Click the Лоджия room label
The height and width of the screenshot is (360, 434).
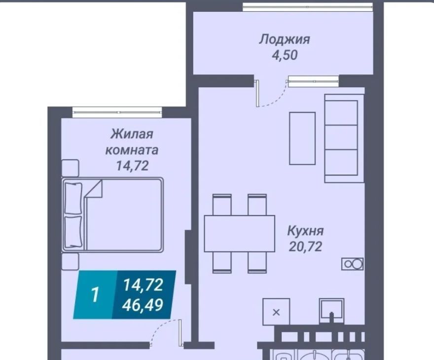pyautogui.click(x=285, y=39)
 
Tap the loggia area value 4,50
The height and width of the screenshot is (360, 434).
pyautogui.click(x=285, y=55)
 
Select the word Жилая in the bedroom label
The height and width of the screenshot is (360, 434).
pyautogui.click(x=132, y=134)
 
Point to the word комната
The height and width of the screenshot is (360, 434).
pyautogui.click(x=132, y=150)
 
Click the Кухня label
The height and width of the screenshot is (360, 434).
pyautogui.click(x=305, y=230)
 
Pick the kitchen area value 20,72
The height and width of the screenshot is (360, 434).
pyautogui.click(x=305, y=246)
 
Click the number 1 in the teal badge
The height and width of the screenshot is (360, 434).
pyautogui.click(x=95, y=295)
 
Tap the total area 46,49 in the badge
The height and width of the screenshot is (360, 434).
pyautogui.click(x=143, y=305)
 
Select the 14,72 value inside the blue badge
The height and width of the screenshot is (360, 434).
pyautogui.click(x=143, y=285)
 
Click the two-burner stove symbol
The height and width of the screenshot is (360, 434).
pyautogui.click(x=352, y=264)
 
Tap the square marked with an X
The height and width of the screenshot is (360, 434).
pyautogui.click(x=276, y=312)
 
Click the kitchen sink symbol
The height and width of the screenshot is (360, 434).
pyautogui.click(x=331, y=311)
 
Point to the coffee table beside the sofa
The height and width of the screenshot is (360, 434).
pyautogui.click(x=302, y=139)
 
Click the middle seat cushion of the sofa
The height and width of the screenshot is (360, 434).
pyautogui.click(x=341, y=137)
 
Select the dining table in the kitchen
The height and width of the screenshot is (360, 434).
pyautogui.click(x=239, y=234)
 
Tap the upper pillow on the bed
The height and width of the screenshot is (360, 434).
pyautogui.click(x=73, y=198)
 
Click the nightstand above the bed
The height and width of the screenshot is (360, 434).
pyautogui.click(x=70, y=168)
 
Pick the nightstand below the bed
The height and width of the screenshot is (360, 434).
pyautogui.click(x=70, y=261)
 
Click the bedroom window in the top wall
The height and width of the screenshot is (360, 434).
pyautogui.click(x=117, y=112)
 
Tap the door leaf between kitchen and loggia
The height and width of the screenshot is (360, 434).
pyautogui.click(x=257, y=93)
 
